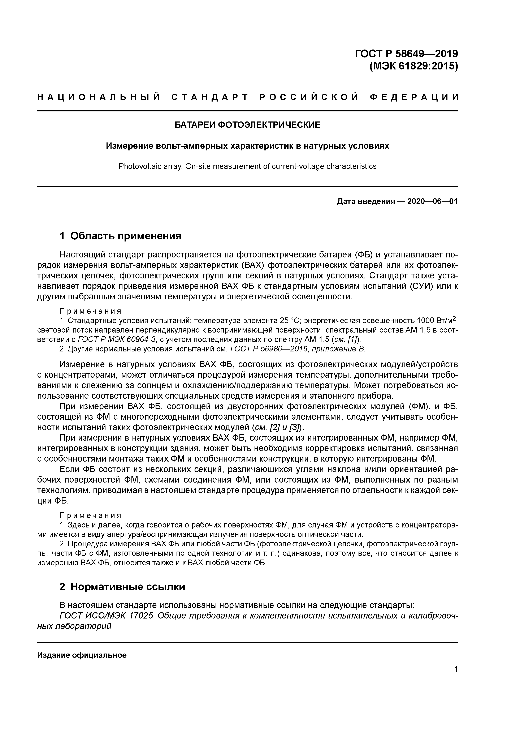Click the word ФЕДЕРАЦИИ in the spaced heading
414,97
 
